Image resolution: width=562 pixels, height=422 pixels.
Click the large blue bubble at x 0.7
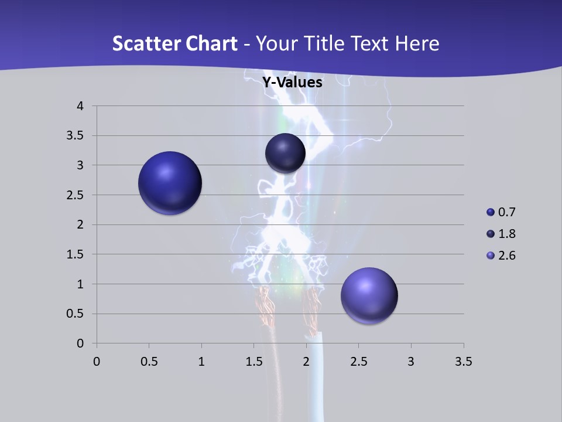coord(170,183)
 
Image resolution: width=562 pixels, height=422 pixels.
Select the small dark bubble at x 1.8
coord(285,153)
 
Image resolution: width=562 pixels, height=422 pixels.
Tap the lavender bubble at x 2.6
coord(369,295)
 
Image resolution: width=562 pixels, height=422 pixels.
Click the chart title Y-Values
coord(292,83)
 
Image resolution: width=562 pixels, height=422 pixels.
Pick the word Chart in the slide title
coord(211,43)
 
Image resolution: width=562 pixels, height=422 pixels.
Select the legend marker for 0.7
coord(491,212)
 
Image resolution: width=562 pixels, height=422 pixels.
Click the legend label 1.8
coord(507,234)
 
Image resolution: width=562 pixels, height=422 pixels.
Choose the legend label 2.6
coord(507,256)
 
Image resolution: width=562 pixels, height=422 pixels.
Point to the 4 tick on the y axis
coord(80,106)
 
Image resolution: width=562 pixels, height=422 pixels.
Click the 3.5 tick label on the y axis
coord(76,136)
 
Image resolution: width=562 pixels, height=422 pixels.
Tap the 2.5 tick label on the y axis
coord(76,195)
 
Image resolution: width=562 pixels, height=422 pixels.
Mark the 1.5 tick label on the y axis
coord(76,254)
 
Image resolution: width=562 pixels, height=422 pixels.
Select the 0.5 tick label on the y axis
coord(76,314)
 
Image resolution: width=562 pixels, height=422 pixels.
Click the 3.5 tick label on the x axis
coord(463,362)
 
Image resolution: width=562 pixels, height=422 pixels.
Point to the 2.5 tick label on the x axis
coord(358,362)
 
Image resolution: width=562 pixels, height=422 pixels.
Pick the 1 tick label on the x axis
coord(201,362)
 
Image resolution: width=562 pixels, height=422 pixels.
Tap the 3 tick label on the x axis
coord(411,362)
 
